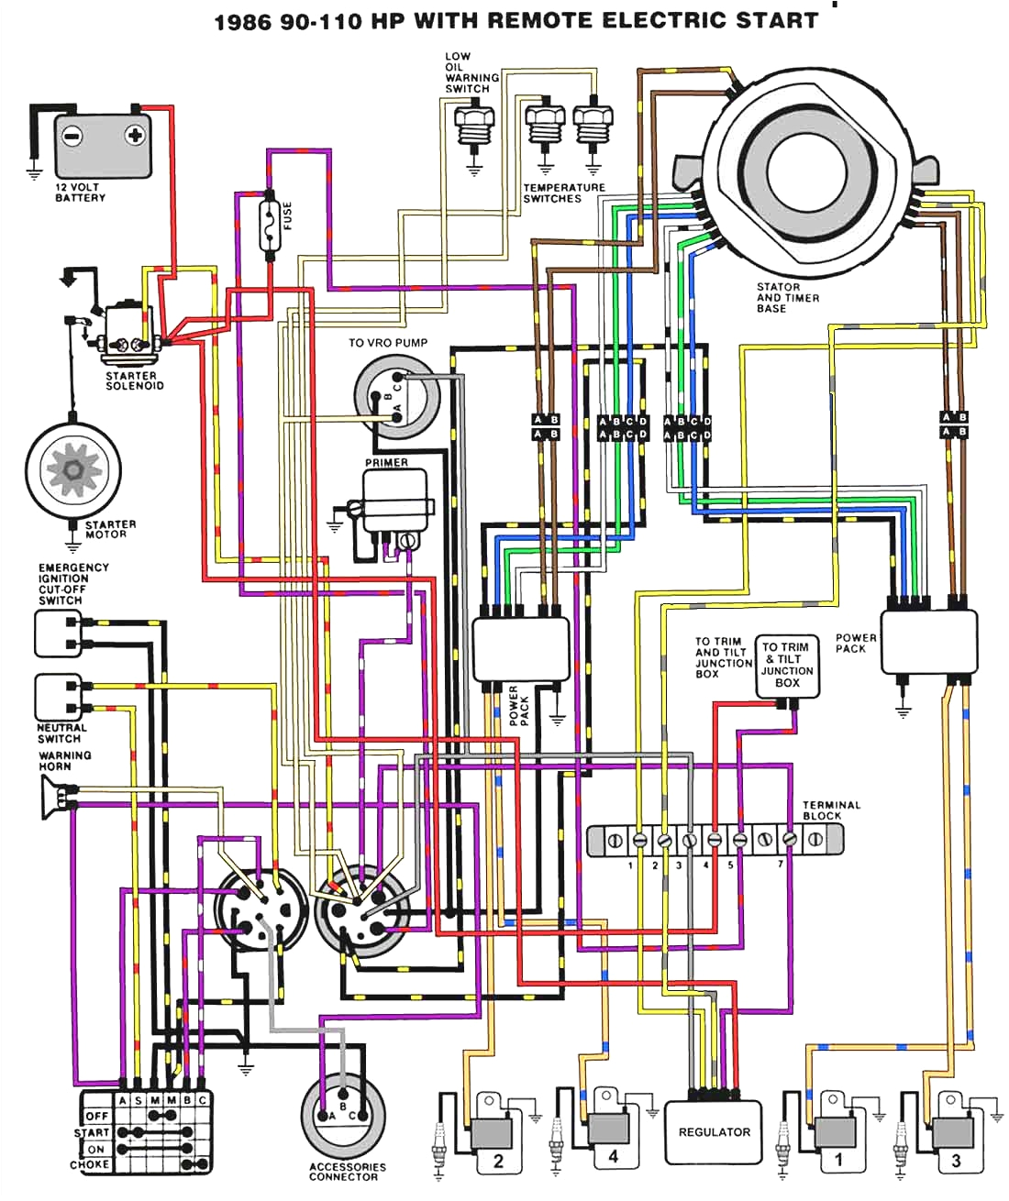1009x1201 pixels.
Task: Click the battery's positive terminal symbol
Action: pyautogui.click(x=135, y=136)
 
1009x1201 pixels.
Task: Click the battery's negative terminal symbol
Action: pyautogui.click(x=72, y=136)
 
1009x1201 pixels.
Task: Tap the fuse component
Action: pyautogui.click(x=270, y=223)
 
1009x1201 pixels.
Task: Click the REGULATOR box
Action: pyautogui.click(x=714, y=1132)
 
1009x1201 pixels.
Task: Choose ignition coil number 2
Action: pyautogui.click(x=495, y=1138)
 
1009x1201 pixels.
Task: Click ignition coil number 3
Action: pyautogui.click(x=955, y=1138)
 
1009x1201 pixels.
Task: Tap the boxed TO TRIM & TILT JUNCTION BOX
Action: pyautogui.click(x=787, y=665)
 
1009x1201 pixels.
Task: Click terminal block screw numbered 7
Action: pyautogui.click(x=789, y=839)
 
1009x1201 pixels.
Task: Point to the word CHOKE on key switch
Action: pyautogui.click(x=90, y=1164)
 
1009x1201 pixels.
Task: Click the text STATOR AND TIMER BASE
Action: pyautogui.click(x=787, y=298)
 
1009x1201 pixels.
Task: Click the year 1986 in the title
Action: pyautogui.click(x=242, y=21)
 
